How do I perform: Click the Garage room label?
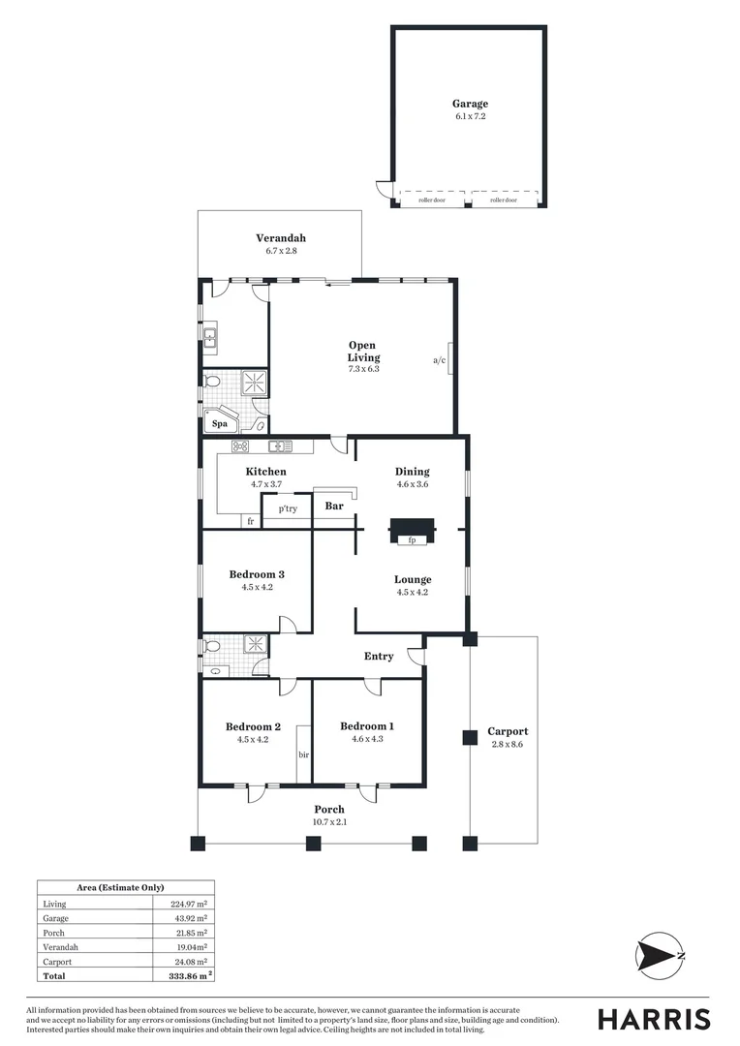pyautogui.click(x=470, y=104)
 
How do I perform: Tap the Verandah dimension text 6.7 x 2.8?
pyautogui.click(x=281, y=251)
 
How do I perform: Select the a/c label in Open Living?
pyautogui.click(x=439, y=360)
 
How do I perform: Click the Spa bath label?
pyautogui.click(x=220, y=423)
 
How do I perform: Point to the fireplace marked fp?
pyautogui.click(x=412, y=538)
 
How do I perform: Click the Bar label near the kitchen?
pyautogui.click(x=334, y=506)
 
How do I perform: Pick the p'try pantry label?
pyautogui.click(x=288, y=508)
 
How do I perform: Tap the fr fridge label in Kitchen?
pyautogui.click(x=250, y=522)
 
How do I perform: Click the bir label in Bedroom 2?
pyautogui.click(x=303, y=753)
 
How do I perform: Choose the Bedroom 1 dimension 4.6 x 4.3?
pyautogui.click(x=367, y=739)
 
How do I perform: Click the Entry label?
pyautogui.click(x=379, y=656)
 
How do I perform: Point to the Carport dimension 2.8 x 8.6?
pyautogui.click(x=508, y=745)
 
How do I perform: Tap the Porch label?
pyautogui.click(x=329, y=810)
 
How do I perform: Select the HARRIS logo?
pyautogui.click(x=653, y=1019)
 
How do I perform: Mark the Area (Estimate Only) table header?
pyautogui.click(x=120, y=887)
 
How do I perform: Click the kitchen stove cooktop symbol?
pyautogui.click(x=241, y=446)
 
